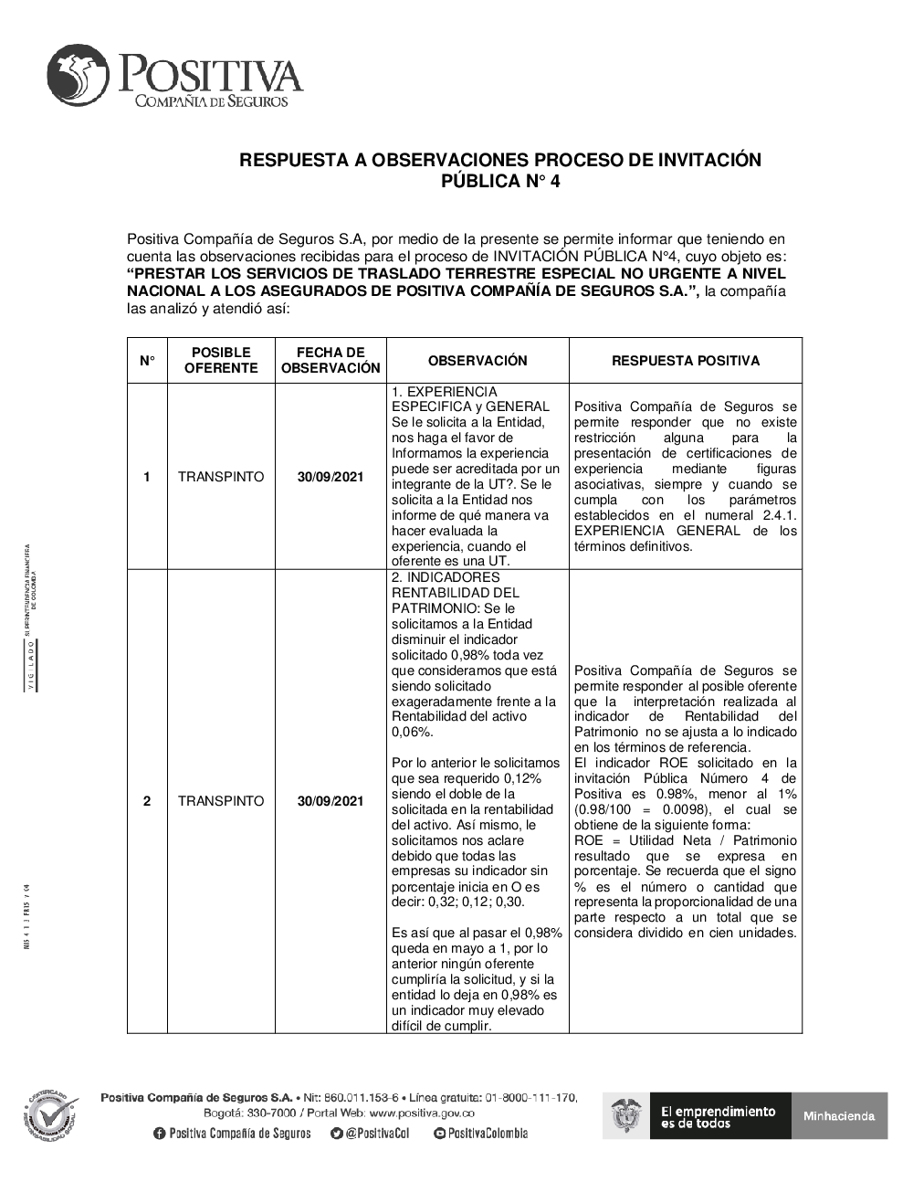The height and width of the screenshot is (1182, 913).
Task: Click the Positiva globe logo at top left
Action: (x=80, y=75)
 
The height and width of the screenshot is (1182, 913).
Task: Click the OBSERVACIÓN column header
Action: (x=477, y=361)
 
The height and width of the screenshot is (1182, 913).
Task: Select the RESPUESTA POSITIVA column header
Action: (x=685, y=361)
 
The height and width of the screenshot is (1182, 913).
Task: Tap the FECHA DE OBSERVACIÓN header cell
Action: (x=331, y=361)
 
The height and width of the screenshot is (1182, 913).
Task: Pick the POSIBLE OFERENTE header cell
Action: (x=221, y=361)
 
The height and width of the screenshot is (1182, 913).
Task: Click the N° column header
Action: (x=147, y=361)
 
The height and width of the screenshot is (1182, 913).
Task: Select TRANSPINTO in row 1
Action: (x=221, y=477)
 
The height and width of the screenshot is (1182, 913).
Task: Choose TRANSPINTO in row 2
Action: (x=221, y=801)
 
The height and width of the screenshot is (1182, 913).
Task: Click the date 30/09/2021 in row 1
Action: (x=331, y=477)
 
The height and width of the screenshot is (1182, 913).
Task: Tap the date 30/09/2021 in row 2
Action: (x=331, y=801)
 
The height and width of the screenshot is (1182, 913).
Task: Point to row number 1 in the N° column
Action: (x=147, y=477)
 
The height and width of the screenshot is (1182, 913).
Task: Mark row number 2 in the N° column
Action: (x=147, y=801)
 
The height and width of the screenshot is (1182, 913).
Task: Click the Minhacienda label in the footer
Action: (x=839, y=1116)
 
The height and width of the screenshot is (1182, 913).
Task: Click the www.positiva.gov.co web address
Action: (x=422, y=1113)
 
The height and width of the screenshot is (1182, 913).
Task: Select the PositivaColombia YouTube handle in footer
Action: (x=481, y=1134)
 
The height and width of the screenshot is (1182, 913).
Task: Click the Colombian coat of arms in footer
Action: (x=627, y=1116)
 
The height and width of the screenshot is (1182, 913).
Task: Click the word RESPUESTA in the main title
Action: (x=291, y=161)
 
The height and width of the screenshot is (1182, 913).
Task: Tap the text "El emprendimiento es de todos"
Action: (x=718, y=1116)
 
